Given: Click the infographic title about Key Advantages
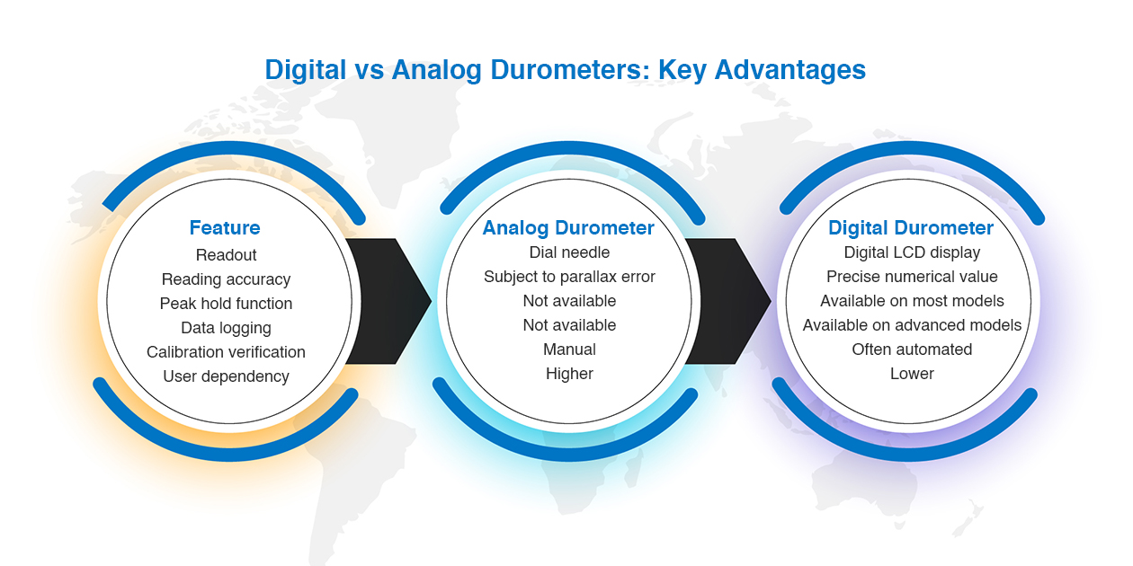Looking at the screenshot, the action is coord(565,70).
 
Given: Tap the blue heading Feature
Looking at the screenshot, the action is coord(225,228).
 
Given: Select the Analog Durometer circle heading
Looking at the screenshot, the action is coord(568,228).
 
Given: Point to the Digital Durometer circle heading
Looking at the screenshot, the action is coord(910,228).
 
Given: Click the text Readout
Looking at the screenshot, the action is coord(226,255).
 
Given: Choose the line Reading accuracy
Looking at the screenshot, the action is coord(226,279).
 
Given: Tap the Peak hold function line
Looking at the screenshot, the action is coord(226,304).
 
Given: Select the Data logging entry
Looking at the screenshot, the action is coord(226,328).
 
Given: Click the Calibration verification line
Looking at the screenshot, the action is coord(226,352).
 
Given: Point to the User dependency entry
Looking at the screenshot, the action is coord(226,376).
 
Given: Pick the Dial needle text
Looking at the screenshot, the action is coord(569,252).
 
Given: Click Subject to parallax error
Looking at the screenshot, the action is coord(569,277).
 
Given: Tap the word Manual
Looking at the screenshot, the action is coord(569,349).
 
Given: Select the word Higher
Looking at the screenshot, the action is coord(569,374).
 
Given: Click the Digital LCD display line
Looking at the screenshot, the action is coord(912,252).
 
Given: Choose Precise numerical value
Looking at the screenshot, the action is coord(912,277).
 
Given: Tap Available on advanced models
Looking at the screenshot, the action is coord(912,325).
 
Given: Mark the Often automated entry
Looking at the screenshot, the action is coord(912,349).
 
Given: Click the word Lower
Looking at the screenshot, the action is coord(912,374).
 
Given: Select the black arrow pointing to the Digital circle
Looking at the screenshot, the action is coord(728,301).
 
